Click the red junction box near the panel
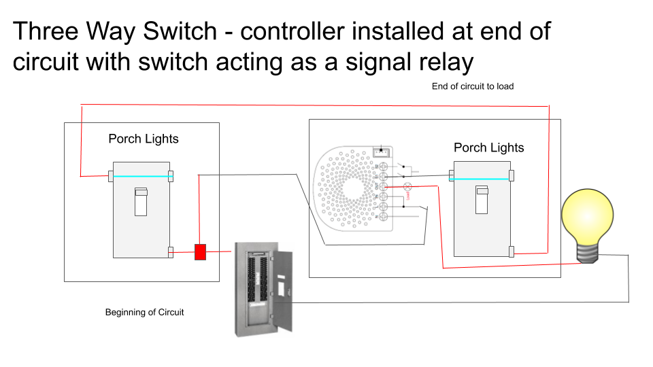201,252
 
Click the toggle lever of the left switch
141,202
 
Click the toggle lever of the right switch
482,201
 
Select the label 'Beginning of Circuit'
144,313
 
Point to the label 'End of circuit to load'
472,86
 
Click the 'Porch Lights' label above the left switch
144,139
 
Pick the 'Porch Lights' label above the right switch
488,147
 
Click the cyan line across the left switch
141,177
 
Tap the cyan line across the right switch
482,179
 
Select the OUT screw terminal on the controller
384,186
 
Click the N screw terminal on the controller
384,215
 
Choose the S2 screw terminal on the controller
384,167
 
